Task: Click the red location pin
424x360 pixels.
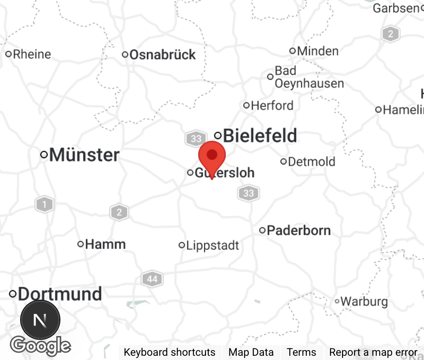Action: click(212, 155)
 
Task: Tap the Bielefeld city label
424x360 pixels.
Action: click(260, 136)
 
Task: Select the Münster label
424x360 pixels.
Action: click(84, 155)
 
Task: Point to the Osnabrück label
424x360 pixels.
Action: click(162, 55)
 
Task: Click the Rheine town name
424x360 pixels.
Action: click(32, 54)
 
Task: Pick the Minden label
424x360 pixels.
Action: click(318, 51)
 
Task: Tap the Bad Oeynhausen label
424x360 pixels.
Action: click(309, 77)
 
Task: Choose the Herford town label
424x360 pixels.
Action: click(272, 105)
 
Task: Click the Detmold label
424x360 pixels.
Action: click(311, 162)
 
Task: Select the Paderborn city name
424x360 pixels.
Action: click(299, 230)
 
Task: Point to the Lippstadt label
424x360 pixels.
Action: click(212, 245)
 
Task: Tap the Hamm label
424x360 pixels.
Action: click(105, 244)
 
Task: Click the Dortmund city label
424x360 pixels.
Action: click(60, 294)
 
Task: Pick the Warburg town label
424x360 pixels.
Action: click(364, 301)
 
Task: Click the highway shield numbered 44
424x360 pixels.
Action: click(152, 279)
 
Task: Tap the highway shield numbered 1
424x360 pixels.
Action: click(44, 204)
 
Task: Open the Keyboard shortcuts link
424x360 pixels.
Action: click(169, 352)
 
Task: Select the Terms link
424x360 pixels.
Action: click(301, 352)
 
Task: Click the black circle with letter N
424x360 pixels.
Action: click(40, 320)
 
